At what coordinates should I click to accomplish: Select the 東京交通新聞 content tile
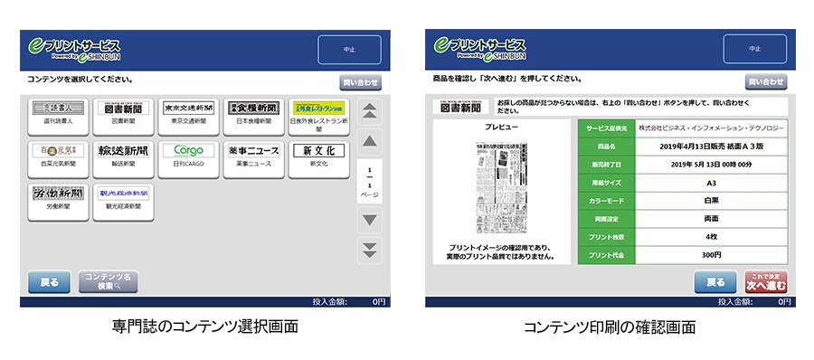187,113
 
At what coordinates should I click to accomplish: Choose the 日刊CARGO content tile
187,155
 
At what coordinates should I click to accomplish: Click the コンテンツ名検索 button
108,281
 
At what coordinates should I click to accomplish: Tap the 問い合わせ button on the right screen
765,82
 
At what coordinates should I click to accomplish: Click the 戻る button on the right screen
715,282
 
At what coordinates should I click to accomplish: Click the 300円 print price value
711,255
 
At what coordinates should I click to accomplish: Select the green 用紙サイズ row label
606,181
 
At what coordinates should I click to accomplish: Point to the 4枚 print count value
711,237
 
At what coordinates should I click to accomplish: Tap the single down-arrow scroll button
369,220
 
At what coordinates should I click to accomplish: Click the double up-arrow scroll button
369,110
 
